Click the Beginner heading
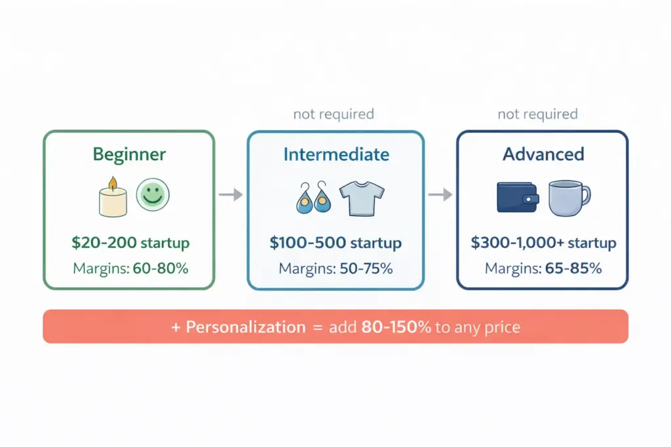pyautogui.click(x=129, y=154)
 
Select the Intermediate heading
pyautogui.click(x=336, y=154)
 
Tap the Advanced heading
pyautogui.click(x=543, y=154)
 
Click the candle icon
pyautogui.click(x=112, y=198)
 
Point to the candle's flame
pyautogui.click(x=112, y=183)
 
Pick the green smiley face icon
pyautogui.click(x=152, y=196)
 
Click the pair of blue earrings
pyautogui.click(x=313, y=198)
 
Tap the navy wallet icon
pyautogui.click(x=518, y=197)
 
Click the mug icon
pyautogui.click(x=567, y=198)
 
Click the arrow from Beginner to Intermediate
pyautogui.click(x=230, y=194)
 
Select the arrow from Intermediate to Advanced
pyautogui.click(x=440, y=194)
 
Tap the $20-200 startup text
pyautogui.click(x=130, y=243)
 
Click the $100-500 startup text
pyautogui.click(x=335, y=243)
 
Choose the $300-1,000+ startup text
pyautogui.click(x=543, y=243)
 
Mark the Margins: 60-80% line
pyautogui.click(x=130, y=268)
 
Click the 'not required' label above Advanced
pyautogui.click(x=537, y=115)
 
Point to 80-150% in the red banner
pyautogui.click(x=396, y=327)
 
